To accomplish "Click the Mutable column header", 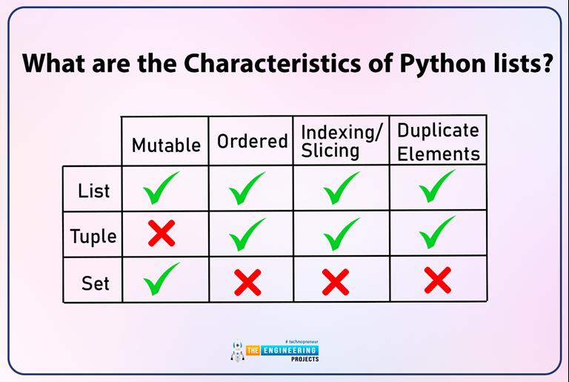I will pyautogui.click(x=166, y=145).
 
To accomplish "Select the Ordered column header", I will pyautogui.click(x=252, y=141).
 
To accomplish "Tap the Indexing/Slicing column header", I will pyautogui.click(x=342, y=141).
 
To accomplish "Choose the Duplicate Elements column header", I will pyautogui.click(x=438, y=141).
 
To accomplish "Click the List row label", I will pyautogui.click(x=93, y=191).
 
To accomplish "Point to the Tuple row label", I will pyautogui.click(x=93, y=237).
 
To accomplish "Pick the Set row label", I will pyautogui.click(x=95, y=283).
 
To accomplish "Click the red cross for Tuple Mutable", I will pyautogui.click(x=162, y=234).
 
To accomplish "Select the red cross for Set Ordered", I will pyautogui.click(x=248, y=282).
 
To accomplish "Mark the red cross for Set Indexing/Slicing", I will pyautogui.click(x=336, y=282).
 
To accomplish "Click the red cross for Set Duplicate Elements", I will pyautogui.click(x=438, y=280).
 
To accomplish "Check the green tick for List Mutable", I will pyautogui.click(x=162, y=188).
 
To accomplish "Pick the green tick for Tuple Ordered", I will pyautogui.click(x=248, y=234).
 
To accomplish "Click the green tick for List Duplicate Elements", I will pyautogui.click(x=437, y=186).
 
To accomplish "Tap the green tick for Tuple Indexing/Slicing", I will pyautogui.click(x=341, y=234).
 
